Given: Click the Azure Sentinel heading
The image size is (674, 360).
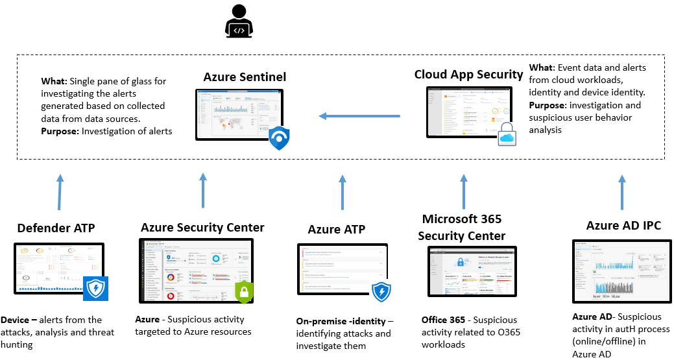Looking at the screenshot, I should [x=245, y=77].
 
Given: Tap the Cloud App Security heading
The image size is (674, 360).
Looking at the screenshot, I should [x=468, y=75].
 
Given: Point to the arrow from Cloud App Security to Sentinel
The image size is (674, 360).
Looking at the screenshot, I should [x=359, y=117].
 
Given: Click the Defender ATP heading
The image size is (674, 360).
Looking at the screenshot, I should [x=56, y=228].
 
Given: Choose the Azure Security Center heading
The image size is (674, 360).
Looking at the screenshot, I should [x=202, y=228].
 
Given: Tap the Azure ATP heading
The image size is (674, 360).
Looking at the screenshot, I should [x=336, y=230].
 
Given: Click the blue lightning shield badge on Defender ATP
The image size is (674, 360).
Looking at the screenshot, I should [x=95, y=288].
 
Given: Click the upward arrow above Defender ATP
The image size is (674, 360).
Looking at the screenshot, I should [x=60, y=192].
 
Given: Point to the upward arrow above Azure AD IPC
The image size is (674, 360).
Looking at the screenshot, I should [x=621, y=192].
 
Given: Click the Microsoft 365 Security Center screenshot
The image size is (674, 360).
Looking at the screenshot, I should [x=472, y=274].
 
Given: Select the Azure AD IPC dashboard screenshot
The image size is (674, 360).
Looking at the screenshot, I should [x=616, y=271].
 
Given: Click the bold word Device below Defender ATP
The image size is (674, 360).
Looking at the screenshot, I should [x=14, y=320].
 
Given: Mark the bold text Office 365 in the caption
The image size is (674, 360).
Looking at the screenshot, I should [x=443, y=320].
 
